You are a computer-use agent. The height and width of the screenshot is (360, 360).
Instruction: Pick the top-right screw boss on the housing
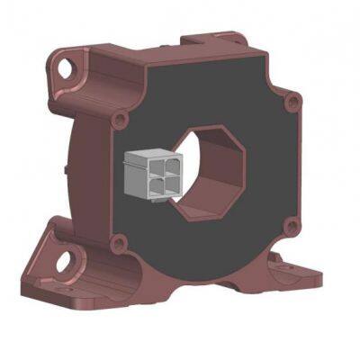(290, 102)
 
